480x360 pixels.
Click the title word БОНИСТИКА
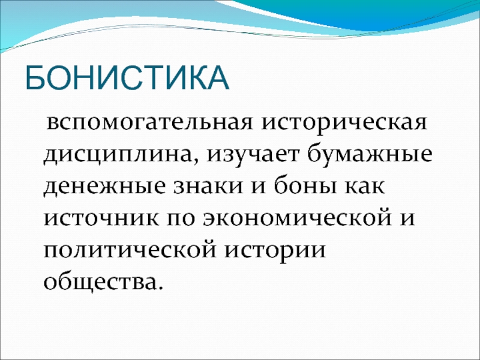click(x=127, y=77)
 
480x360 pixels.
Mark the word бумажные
click(x=369, y=154)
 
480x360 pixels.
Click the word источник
click(x=101, y=218)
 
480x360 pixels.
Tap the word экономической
click(x=298, y=218)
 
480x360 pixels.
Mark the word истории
click(x=275, y=251)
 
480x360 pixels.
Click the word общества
click(x=99, y=281)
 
